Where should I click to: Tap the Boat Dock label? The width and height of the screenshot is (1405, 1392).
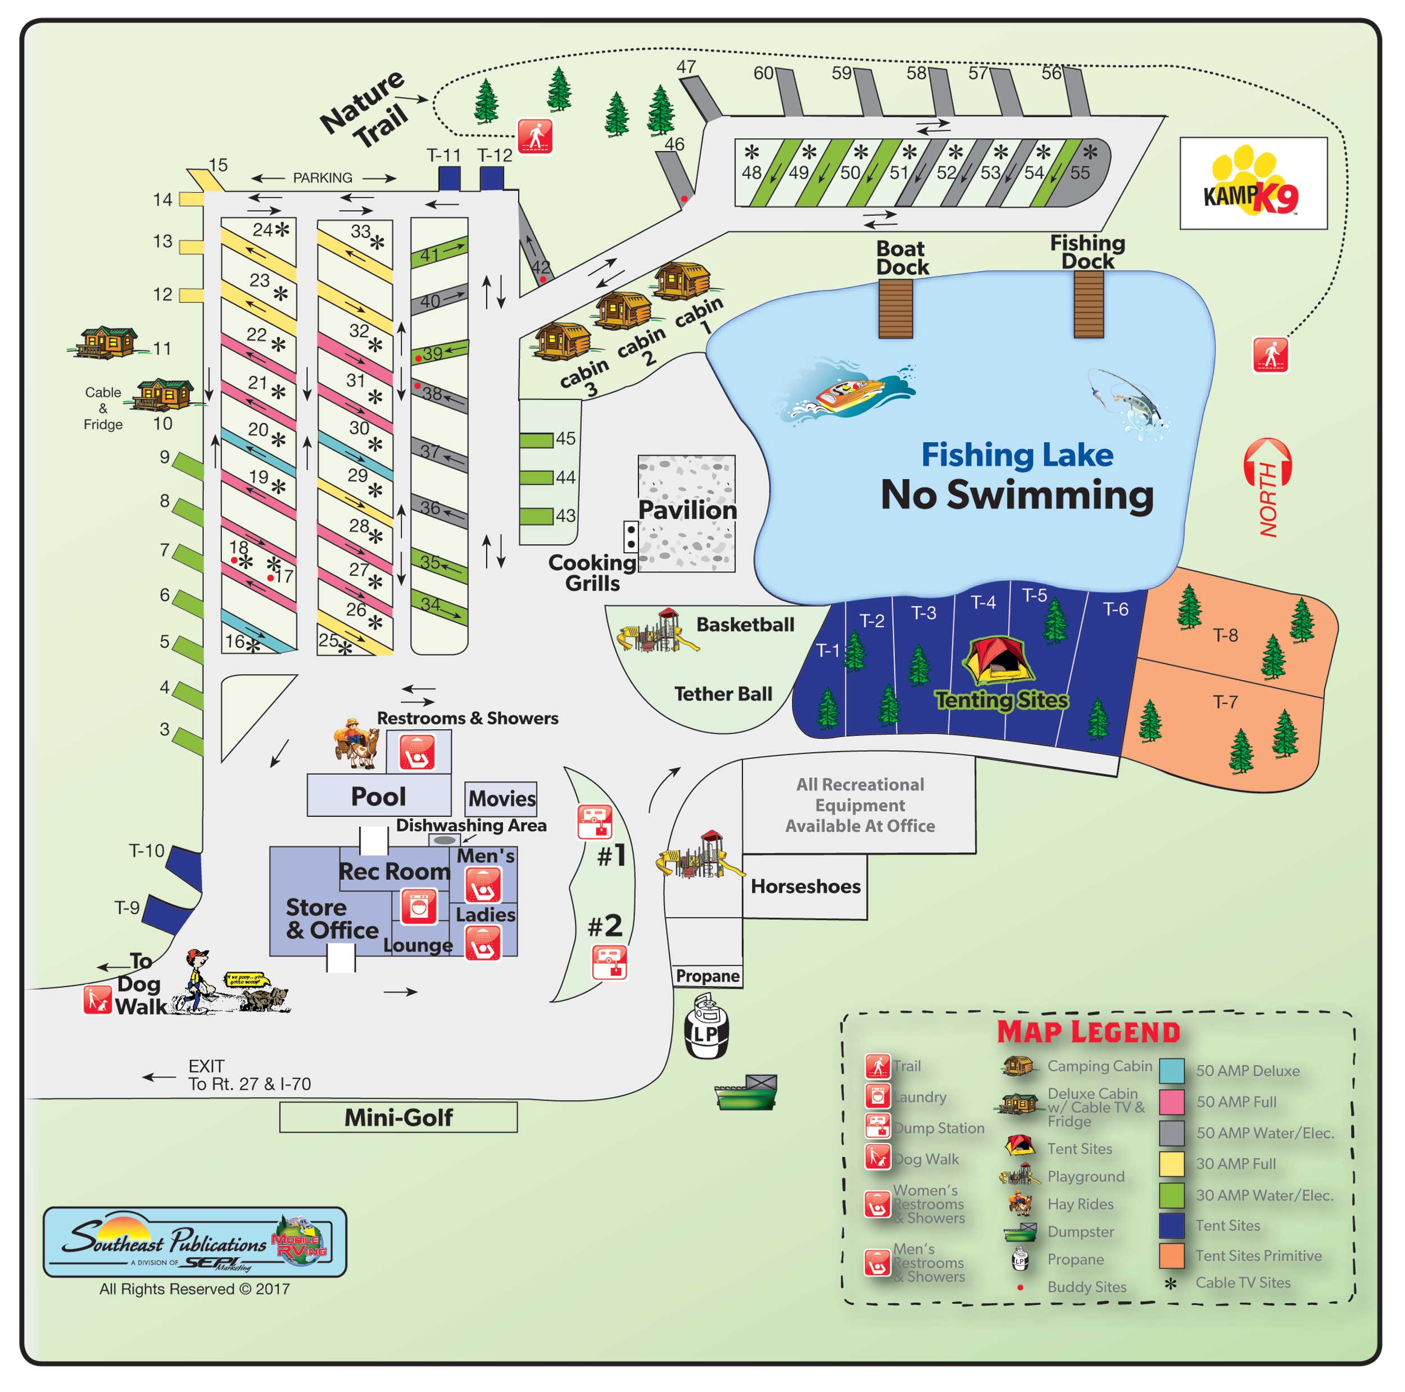(x=902, y=258)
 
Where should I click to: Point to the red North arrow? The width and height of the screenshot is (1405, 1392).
(x=1267, y=487)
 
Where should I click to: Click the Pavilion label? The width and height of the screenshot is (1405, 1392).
(x=687, y=510)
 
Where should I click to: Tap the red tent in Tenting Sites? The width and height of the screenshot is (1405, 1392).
(x=995, y=660)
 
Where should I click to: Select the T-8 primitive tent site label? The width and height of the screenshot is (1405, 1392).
(x=1225, y=635)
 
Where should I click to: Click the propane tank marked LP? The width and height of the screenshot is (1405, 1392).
(x=705, y=1031)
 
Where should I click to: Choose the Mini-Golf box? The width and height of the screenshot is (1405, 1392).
(x=398, y=1117)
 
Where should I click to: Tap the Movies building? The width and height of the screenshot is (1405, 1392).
(x=501, y=798)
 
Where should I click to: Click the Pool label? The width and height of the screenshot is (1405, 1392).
(x=378, y=797)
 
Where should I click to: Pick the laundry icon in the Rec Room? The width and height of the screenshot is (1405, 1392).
(x=419, y=907)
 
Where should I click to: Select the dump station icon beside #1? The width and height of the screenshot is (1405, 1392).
(x=594, y=821)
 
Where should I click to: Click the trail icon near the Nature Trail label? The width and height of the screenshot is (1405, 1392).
(x=534, y=136)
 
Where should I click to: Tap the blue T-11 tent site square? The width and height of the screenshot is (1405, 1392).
(x=448, y=179)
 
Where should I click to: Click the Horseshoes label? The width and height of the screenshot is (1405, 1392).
(x=805, y=886)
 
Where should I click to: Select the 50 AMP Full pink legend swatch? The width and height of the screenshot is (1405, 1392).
(x=1171, y=1102)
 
